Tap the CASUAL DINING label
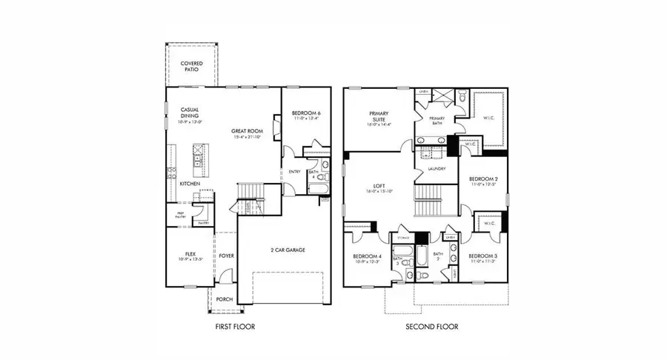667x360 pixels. [x=190, y=113]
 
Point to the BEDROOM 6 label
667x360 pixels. [x=305, y=112]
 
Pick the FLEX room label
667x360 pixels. [x=190, y=254]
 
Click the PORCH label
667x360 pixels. [x=224, y=299]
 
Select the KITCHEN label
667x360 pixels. [x=190, y=183]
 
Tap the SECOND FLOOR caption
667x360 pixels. [x=432, y=326]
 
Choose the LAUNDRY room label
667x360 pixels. [x=436, y=169]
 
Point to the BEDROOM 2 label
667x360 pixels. [x=483, y=179]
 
